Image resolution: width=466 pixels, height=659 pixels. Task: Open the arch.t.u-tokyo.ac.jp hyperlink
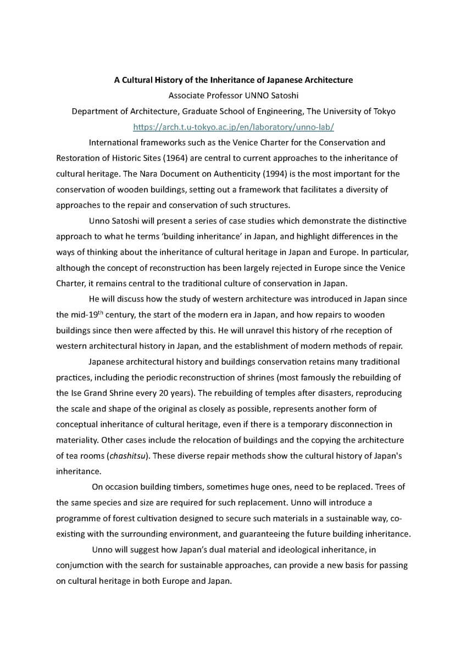[x=234, y=127]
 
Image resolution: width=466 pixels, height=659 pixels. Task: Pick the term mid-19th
[x=79, y=315]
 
